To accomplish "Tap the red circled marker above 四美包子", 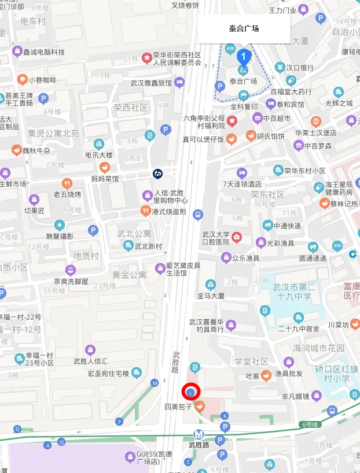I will coord(191,392).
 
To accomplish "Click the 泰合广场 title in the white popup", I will coord(244,29).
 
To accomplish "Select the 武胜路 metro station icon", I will coord(199,433).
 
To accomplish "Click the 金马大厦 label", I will coord(211,295).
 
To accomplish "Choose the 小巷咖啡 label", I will coord(43,80).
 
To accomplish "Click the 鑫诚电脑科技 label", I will coord(43,52).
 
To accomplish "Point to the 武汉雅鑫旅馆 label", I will coord(151,83).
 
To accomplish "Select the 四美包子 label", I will coord(178,407).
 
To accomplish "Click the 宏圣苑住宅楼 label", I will coord(107,373).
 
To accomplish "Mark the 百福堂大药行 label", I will coord(291,91).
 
